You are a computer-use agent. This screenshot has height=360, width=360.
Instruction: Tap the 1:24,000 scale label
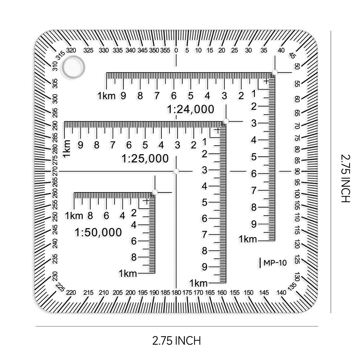tap(191, 109)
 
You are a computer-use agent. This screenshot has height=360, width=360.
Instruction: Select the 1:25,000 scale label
tap(145, 159)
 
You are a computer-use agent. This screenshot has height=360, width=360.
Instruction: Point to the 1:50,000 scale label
tap(98, 232)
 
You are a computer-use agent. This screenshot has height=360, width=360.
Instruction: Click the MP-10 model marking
tap(275, 263)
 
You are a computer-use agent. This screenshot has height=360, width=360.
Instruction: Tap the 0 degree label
tap(176, 50)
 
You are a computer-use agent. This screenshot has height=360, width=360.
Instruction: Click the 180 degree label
tap(176, 292)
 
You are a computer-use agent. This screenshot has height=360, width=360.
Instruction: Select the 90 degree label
tap(297, 171)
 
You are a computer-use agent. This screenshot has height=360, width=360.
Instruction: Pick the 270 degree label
tap(55, 171)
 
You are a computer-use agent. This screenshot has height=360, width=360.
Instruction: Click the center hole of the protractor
tap(176, 171)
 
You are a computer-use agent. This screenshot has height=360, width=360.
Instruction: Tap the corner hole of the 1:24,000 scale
tap(275, 73)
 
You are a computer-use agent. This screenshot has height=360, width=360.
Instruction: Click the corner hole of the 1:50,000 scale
tap(155, 192)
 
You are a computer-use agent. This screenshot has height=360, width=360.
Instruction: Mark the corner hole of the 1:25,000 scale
tap(226, 121)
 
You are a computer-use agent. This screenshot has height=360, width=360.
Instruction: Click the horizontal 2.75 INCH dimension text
tap(177, 341)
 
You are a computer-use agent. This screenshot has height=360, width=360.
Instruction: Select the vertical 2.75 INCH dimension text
tap(345, 178)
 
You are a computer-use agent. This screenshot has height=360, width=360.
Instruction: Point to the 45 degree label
tap(292, 55)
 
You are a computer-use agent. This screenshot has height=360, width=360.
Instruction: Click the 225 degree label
tap(60, 287)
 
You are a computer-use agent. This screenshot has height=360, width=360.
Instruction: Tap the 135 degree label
tap(292, 287)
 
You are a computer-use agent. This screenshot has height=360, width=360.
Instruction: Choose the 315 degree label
tap(61, 55)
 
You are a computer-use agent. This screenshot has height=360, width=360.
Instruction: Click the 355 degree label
tap(165, 50)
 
